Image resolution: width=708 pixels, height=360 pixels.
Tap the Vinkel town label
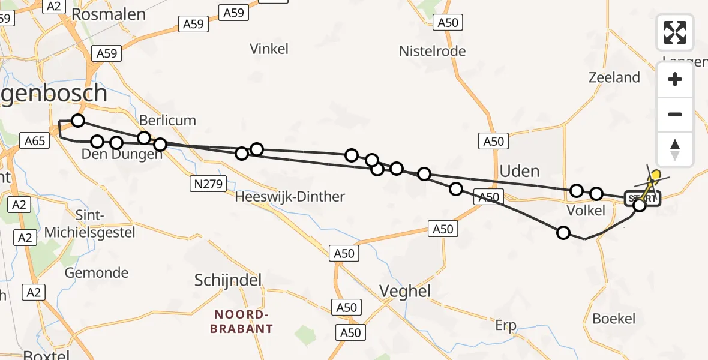[269, 49]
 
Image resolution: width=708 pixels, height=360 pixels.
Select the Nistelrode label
[432, 52]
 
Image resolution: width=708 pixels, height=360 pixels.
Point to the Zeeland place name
[614, 77]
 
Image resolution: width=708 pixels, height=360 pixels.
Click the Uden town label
[520, 172]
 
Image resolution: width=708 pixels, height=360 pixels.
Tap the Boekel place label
[613, 319]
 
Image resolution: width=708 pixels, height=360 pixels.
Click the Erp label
[505, 326]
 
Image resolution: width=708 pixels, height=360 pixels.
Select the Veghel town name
[405, 292]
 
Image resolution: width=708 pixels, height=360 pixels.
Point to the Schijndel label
[228, 280]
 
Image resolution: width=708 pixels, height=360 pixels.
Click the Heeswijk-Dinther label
[290, 197]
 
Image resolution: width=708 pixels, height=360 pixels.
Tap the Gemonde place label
[96, 273]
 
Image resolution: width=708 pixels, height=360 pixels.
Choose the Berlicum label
[167, 120]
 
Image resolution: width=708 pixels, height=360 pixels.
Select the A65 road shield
[35, 141]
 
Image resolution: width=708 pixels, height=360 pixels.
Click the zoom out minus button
[675, 114]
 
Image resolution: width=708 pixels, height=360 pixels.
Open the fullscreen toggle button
[675, 32]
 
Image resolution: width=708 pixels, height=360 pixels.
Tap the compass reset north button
[675, 149]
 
